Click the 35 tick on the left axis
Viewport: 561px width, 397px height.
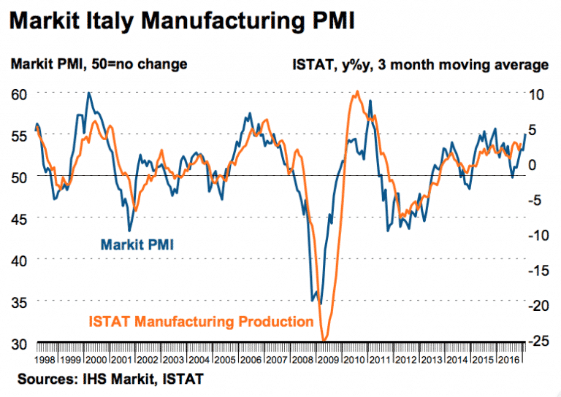coord(19,301)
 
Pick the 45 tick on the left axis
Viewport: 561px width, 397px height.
coord(19,218)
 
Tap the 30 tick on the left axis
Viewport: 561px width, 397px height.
coord(19,343)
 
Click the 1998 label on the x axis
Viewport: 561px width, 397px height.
coord(45,360)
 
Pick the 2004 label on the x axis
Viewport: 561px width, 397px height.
coord(197,360)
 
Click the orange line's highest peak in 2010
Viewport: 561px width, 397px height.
coord(356,92)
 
